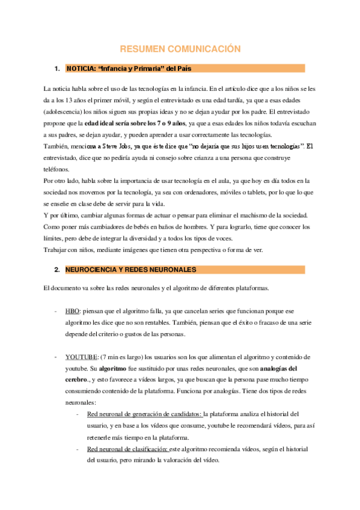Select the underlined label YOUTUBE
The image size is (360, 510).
click(82, 357)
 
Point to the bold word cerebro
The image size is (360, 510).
click(78, 379)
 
